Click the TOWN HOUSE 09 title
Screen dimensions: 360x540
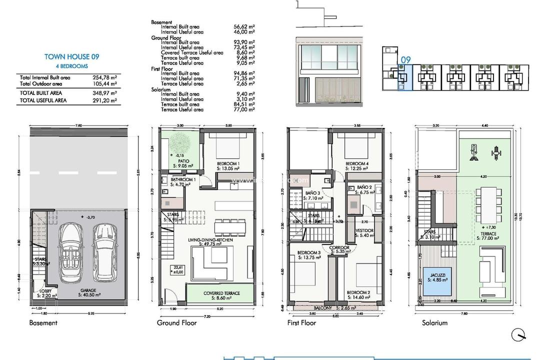(71, 57)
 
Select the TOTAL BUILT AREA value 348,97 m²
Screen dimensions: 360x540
(103, 93)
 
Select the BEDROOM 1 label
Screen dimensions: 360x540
(228, 164)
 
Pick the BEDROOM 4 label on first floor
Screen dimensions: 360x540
(357, 164)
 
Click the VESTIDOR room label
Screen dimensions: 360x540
(364, 230)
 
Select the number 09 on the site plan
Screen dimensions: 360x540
(405, 60)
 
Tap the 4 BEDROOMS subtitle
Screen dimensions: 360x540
(71, 66)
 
